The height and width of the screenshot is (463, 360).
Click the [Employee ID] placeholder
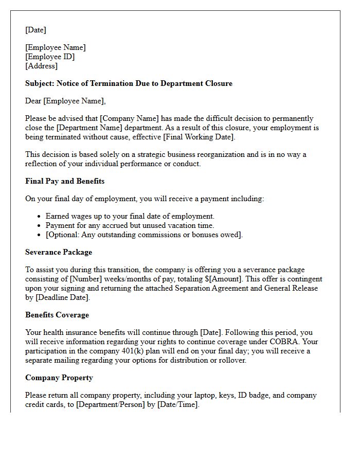tap(50, 57)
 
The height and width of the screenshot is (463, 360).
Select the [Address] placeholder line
tap(41, 66)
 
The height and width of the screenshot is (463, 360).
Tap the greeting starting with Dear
tap(65, 101)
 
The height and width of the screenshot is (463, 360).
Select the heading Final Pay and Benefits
tap(65, 181)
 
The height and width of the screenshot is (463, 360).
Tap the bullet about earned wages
tap(130, 216)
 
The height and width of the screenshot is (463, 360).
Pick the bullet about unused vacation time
tap(130, 225)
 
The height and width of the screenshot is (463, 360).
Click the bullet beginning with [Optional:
tap(144, 235)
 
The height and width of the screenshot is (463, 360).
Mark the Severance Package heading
tap(59, 252)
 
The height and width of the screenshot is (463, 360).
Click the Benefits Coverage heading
tap(57, 315)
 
